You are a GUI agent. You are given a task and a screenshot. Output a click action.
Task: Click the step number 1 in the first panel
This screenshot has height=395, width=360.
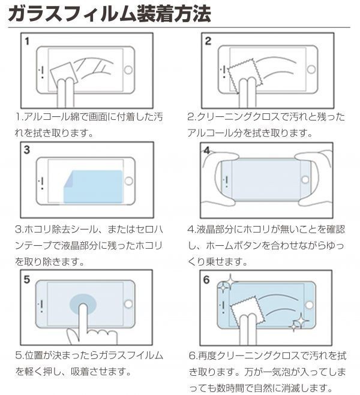(28, 42)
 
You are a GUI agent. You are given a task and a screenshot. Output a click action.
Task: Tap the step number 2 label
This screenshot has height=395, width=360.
(208, 42)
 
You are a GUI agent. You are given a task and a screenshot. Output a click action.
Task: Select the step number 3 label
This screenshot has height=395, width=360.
(28, 150)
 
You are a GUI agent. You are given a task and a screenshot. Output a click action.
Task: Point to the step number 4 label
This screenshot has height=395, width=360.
(208, 150)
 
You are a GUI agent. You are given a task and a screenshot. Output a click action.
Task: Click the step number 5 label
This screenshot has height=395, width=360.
(28, 279)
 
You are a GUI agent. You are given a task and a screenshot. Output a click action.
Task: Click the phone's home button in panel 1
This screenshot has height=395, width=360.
(127, 70)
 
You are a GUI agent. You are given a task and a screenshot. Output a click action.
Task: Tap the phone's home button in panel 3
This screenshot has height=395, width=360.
(128, 179)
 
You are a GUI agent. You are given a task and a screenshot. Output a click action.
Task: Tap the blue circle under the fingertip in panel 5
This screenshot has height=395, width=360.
(84, 306)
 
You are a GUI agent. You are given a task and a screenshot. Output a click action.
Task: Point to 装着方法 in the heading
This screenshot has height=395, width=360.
(174, 14)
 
